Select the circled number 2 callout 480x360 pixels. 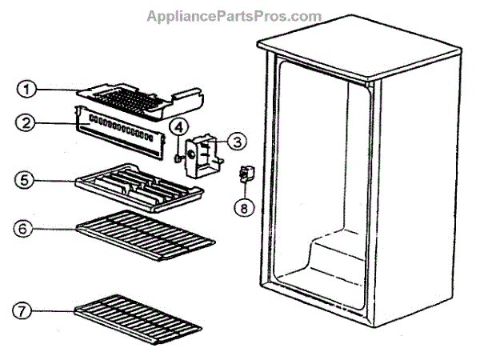[27, 123]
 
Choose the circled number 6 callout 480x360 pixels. [27, 228]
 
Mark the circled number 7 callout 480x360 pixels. [27, 310]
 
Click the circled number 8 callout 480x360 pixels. [242, 208]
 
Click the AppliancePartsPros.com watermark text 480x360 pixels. [234, 16]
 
